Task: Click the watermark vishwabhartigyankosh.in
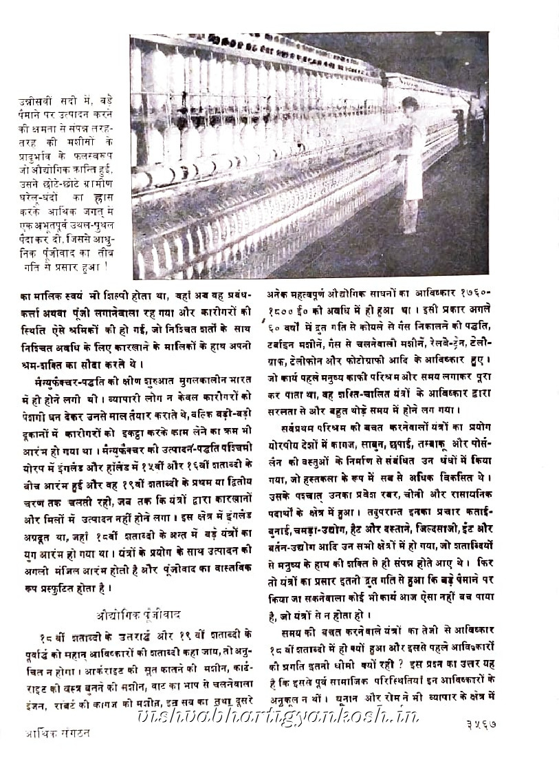(278, 718)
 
